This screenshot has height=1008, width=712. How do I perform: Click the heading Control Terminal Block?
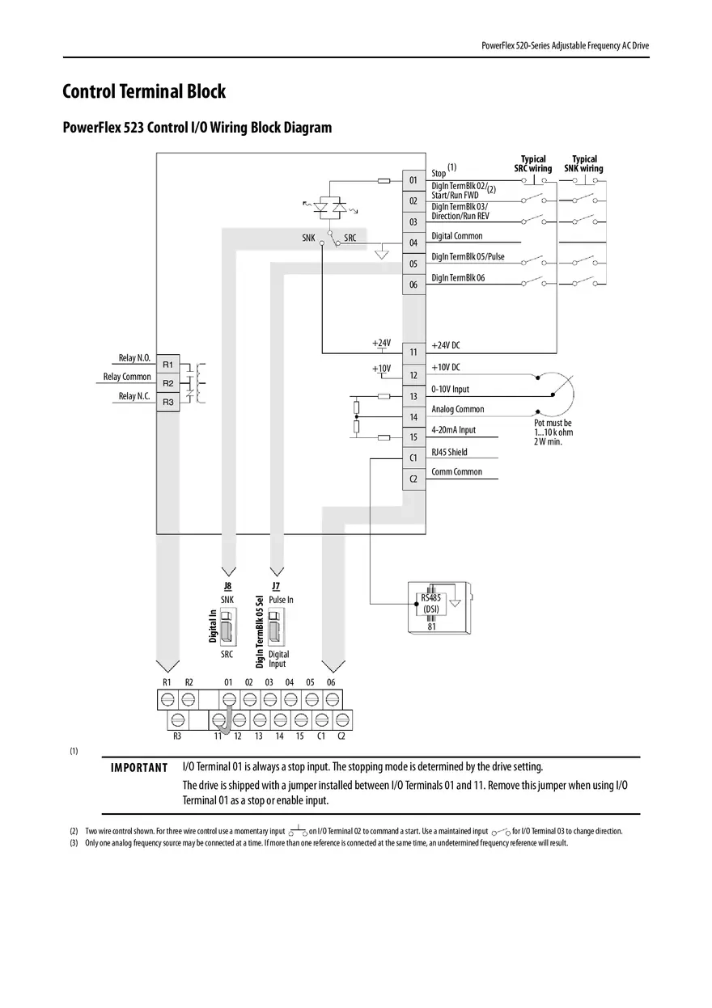144,92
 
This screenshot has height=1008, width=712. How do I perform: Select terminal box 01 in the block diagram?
413,179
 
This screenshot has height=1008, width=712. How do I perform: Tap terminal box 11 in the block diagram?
413,352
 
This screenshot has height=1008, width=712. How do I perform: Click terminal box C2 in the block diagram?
413,479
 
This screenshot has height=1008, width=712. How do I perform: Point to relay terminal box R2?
167,382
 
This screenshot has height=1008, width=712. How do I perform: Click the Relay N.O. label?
134,358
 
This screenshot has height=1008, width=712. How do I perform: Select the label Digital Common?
456,236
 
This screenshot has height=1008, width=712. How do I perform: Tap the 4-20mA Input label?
453,430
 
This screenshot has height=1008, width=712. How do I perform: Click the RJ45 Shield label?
449,453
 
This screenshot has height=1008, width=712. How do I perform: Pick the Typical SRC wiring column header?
532,163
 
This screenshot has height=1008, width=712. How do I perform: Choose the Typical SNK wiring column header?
583,163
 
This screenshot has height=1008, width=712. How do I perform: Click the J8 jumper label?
227,586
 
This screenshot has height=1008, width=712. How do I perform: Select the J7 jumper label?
275,586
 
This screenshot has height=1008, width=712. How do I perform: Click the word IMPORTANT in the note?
139,767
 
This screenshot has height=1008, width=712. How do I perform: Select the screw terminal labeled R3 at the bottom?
177,719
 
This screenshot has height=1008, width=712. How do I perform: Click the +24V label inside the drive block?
381,343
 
